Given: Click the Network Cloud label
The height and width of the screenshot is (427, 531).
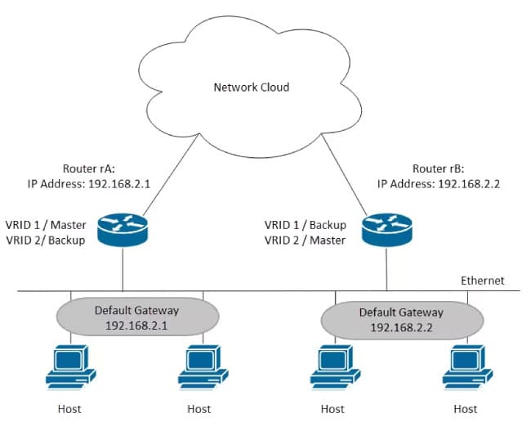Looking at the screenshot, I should (252, 87).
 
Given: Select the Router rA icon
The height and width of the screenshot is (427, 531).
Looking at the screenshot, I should (122, 230).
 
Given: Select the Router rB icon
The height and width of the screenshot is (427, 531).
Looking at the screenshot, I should (386, 229).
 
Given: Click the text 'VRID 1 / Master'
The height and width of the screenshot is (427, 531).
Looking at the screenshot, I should (46, 224).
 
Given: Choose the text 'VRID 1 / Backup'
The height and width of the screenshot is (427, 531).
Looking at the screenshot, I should (306, 224).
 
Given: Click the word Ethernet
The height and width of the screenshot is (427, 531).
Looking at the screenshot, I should (481, 281).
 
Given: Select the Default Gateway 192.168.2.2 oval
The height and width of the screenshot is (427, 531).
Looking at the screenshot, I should (401, 319).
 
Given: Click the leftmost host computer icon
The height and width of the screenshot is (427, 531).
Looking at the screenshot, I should (69, 366).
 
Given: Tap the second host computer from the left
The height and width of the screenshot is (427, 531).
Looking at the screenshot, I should (201, 366).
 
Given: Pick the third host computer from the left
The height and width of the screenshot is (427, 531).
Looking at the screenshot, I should (333, 366).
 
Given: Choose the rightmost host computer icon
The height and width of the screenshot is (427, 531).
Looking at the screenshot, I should (466, 366).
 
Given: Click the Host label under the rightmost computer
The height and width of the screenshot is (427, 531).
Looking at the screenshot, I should (466, 408).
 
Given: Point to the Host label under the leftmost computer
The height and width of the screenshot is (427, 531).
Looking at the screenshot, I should (69, 408).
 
